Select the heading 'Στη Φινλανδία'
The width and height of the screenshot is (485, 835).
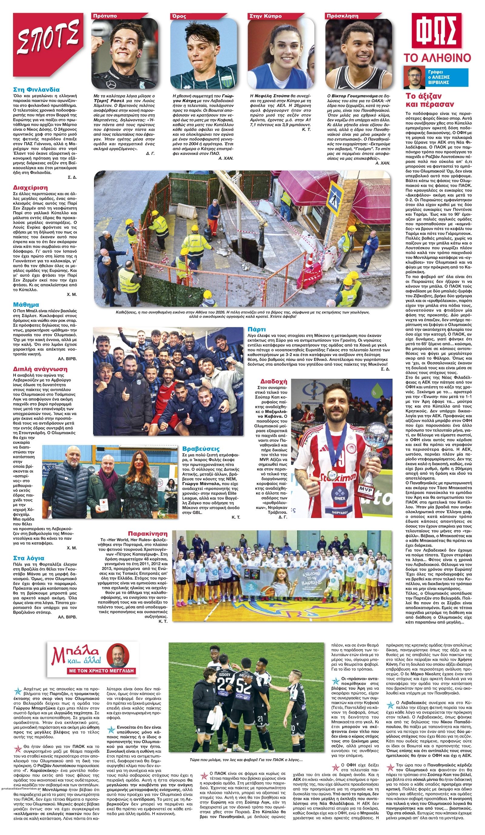pos(36,90)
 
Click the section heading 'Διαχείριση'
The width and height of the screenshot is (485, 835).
pos(30,187)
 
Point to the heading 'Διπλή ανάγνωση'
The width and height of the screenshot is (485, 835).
pos(40,369)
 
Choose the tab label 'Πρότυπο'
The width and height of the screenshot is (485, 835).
pos(105,16)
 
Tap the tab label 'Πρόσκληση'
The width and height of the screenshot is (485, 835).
pos(342,16)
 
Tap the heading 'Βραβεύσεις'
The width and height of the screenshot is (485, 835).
pos(201,449)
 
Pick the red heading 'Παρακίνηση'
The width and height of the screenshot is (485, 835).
pos(148,534)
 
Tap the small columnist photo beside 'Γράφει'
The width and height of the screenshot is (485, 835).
pos(414,77)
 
